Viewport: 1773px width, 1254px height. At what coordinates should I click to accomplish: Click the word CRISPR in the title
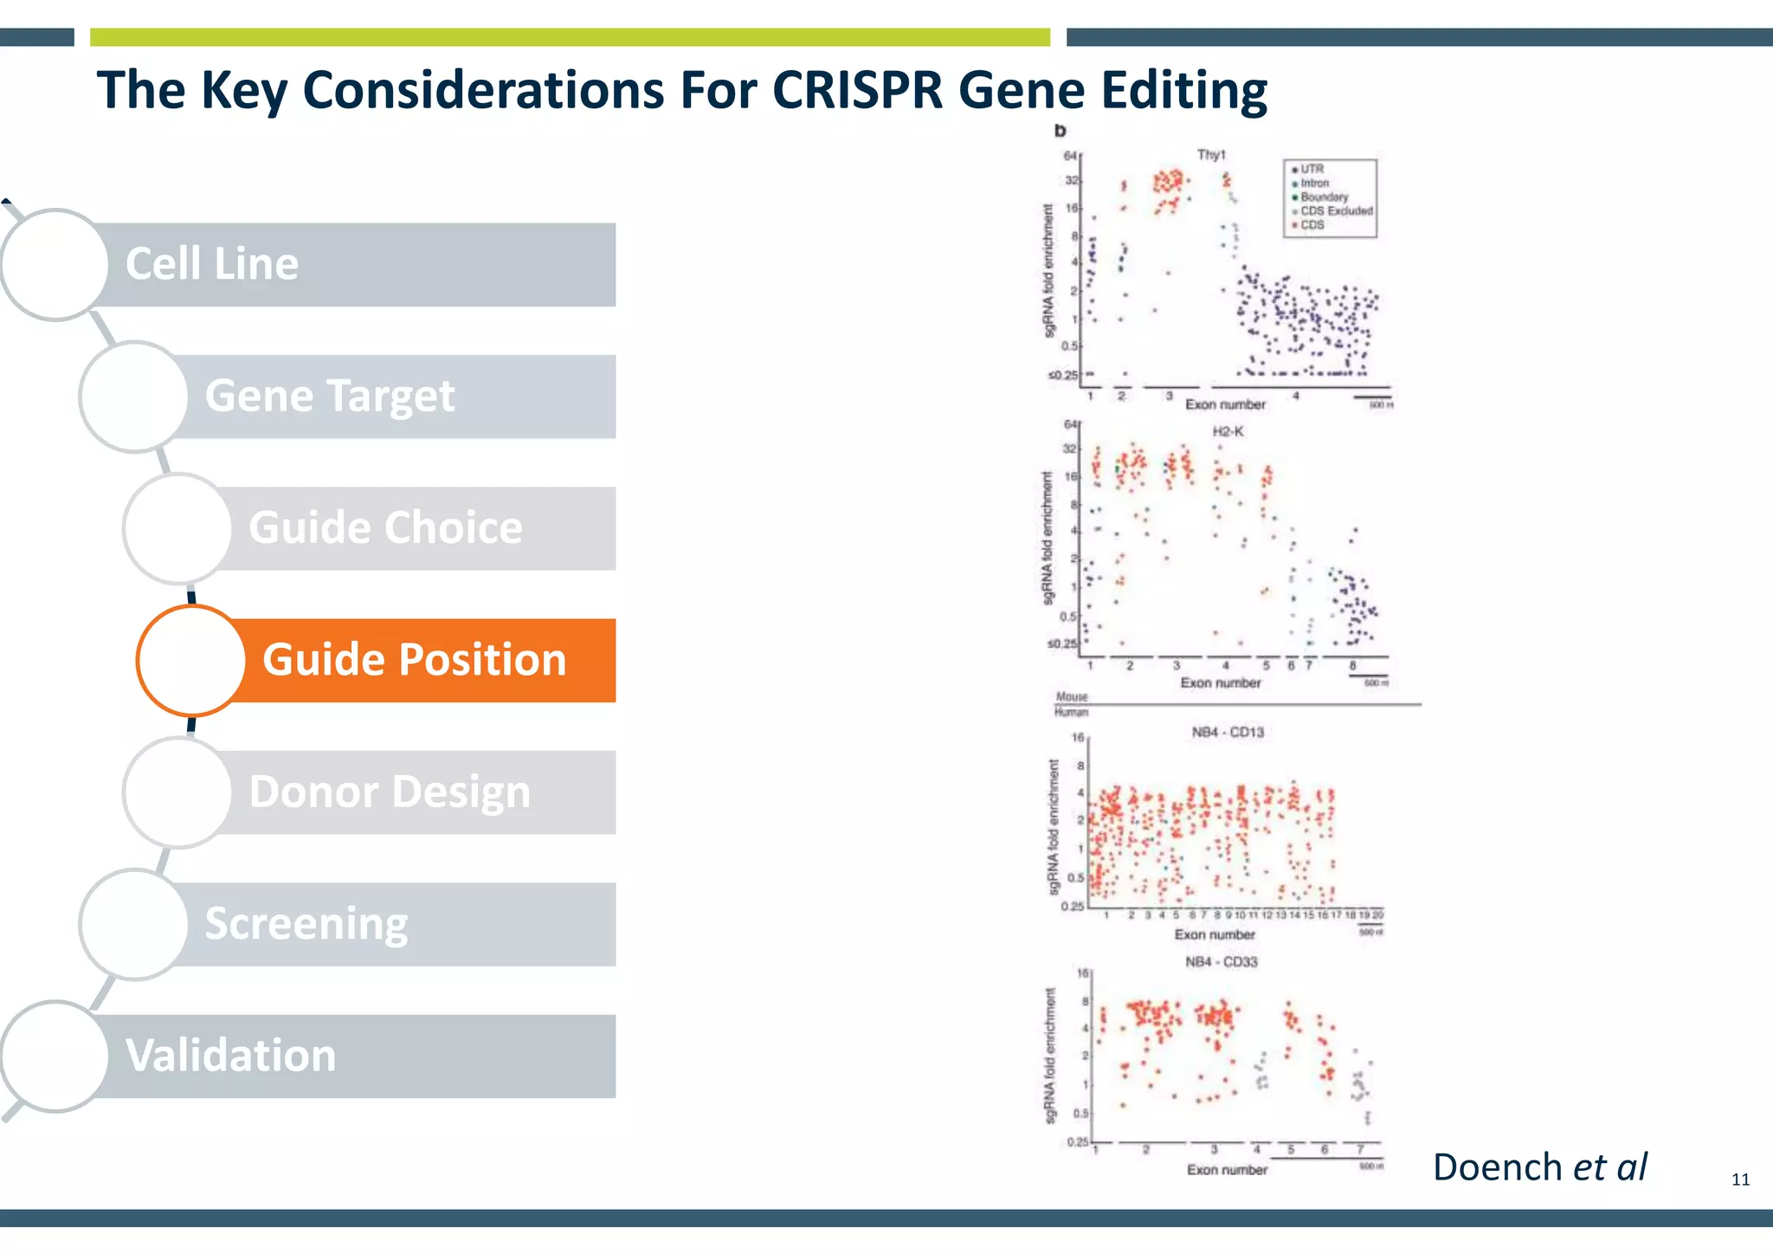tap(857, 90)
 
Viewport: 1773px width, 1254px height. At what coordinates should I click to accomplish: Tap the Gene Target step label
tap(329, 397)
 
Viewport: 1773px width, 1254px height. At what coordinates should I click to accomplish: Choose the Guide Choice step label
tap(385, 528)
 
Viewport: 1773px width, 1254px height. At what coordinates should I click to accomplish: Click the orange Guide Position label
tap(414, 660)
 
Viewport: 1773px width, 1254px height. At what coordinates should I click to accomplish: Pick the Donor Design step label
tap(390, 792)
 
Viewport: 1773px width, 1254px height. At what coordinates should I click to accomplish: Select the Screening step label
tap(306, 924)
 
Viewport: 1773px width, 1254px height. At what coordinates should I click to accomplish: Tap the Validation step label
tap(230, 1056)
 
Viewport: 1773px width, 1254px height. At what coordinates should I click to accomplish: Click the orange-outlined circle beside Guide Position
tap(191, 661)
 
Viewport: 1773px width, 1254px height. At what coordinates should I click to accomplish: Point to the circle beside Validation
tap(55, 1057)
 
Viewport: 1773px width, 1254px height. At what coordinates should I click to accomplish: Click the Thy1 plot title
tap(1211, 155)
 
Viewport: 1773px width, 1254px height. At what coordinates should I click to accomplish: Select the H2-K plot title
tap(1227, 431)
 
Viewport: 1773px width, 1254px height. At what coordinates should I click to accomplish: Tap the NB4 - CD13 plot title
tap(1227, 733)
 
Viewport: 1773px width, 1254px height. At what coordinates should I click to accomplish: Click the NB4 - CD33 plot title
tap(1221, 962)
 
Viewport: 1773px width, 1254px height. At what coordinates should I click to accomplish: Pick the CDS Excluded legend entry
tap(1336, 210)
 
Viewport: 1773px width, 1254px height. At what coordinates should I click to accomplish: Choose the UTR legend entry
tap(1311, 169)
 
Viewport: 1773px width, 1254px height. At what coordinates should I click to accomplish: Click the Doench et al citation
tap(1539, 1167)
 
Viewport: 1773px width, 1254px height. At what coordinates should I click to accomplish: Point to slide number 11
tap(1740, 1180)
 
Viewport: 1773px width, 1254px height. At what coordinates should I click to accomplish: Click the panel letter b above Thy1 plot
tap(1060, 131)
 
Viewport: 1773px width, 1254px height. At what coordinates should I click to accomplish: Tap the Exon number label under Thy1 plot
tap(1225, 404)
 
